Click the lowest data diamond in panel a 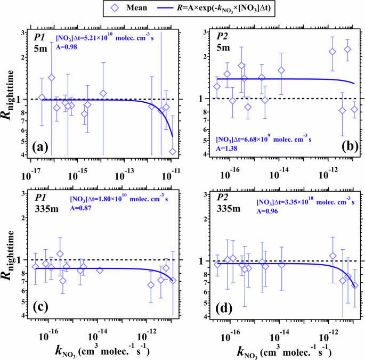pyautogui.click(x=173, y=152)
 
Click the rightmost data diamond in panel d pyautogui.click(x=355, y=286)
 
